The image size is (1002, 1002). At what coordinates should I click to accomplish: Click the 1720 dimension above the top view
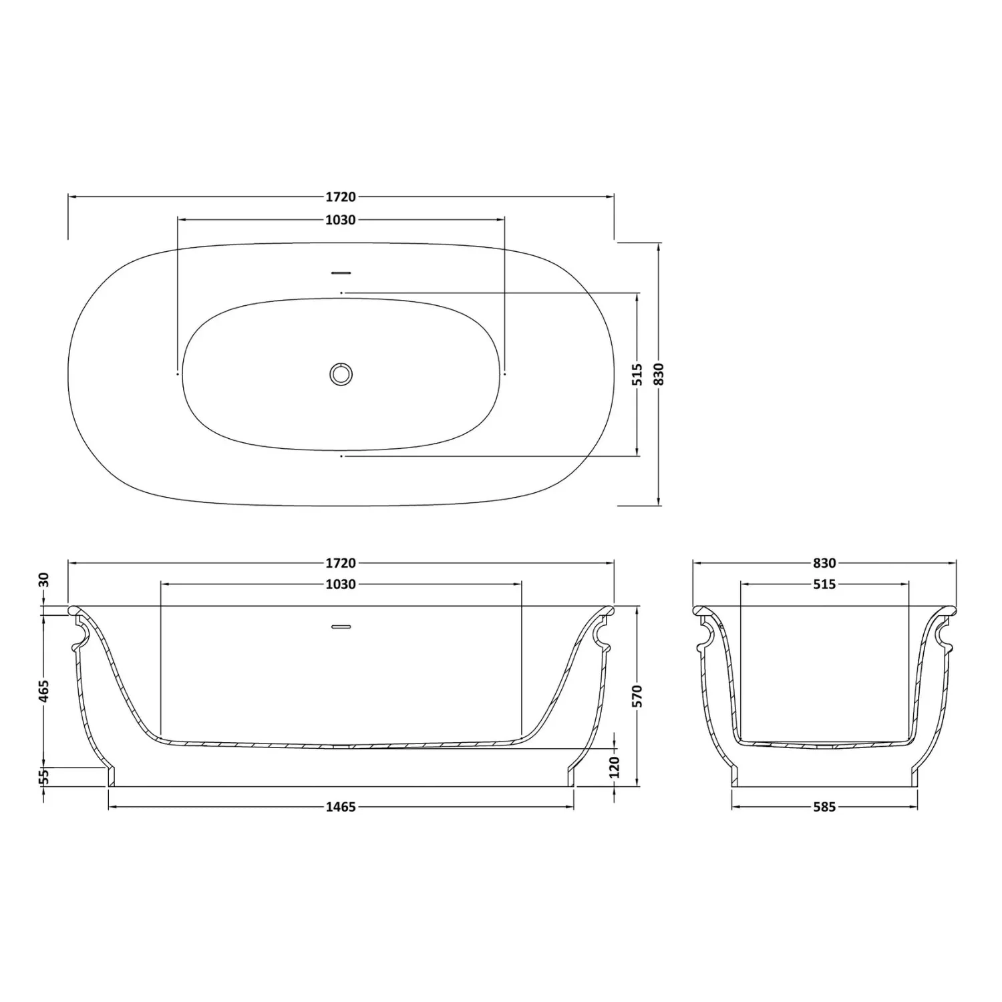click(x=341, y=197)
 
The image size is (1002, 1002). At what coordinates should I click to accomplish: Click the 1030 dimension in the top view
click(x=341, y=220)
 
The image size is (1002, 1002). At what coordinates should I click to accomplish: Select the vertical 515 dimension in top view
click(x=638, y=374)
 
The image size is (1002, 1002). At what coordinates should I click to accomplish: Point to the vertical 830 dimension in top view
click(x=659, y=374)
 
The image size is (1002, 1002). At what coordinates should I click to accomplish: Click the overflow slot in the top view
click(x=341, y=272)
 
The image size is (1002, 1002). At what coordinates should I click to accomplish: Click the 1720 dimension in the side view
click(x=341, y=563)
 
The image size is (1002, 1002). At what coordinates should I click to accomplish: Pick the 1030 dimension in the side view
click(x=341, y=584)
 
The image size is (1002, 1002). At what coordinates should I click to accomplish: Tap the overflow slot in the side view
click(x=341, y=627)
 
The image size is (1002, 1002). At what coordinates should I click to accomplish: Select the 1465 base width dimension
click(x=341, y=807)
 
